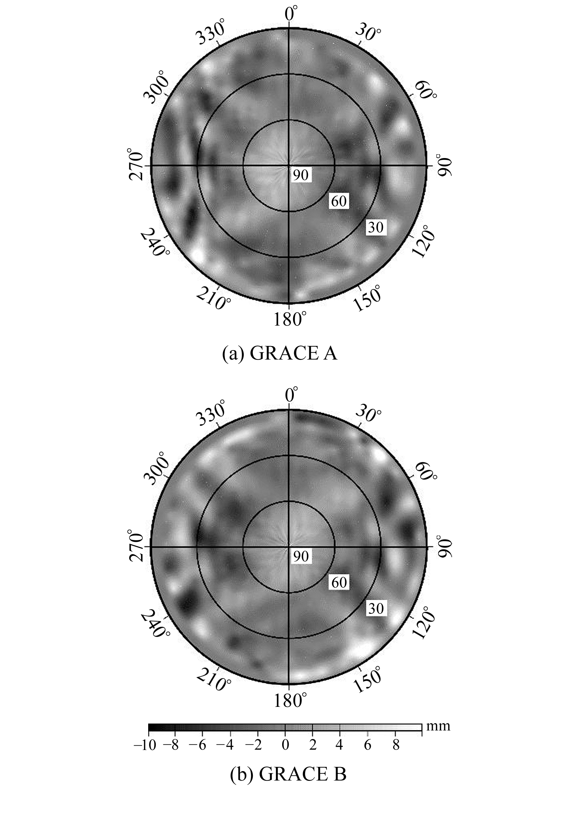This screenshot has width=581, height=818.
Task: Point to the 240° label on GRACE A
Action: click(x=155, y=243)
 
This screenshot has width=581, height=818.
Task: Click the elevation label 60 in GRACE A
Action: click(x=339, y=201)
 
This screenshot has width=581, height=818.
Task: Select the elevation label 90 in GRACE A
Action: click(x=300, y=175)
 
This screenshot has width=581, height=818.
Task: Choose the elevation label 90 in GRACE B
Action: click(x=300, y=556)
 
